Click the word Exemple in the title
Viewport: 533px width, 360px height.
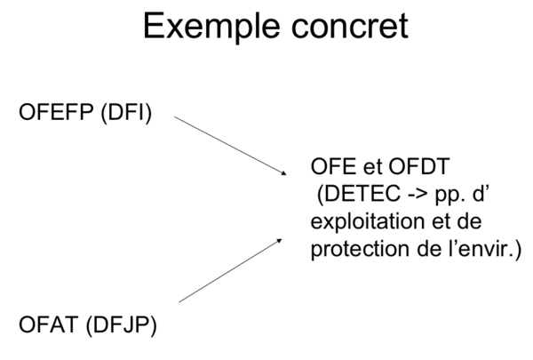click(210, 27)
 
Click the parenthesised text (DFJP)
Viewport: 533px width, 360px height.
click(121, 324)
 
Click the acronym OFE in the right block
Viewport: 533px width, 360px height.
click(330, 166)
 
